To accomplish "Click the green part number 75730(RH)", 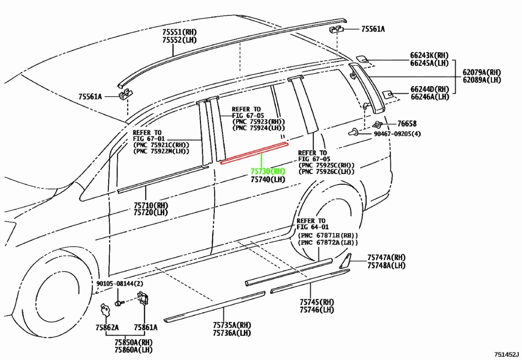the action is (268, 172).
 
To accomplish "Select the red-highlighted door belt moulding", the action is (254, 153).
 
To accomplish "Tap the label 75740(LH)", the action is (268, 180).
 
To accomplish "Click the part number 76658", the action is (407, 124).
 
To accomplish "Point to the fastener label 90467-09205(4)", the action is (397, 134).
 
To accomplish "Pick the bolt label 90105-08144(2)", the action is (120, 284).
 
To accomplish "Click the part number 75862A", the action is (107, 328).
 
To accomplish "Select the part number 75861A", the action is (146, 328).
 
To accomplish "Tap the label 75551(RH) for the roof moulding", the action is (179, 32).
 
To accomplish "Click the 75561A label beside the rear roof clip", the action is (373, 29).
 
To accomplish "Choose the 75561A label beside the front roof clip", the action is (90, 97).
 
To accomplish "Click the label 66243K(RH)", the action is (429, 55).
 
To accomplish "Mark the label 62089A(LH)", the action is (482, 80).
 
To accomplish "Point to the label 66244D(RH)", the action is (430, 89).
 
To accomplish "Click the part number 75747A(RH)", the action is (387, 258).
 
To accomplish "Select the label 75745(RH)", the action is (317, 302).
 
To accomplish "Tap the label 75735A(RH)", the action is (232, 325).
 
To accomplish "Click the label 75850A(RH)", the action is (133, 342).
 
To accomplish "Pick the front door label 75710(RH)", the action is (151, 205).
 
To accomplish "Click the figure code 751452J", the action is (507, 354).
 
